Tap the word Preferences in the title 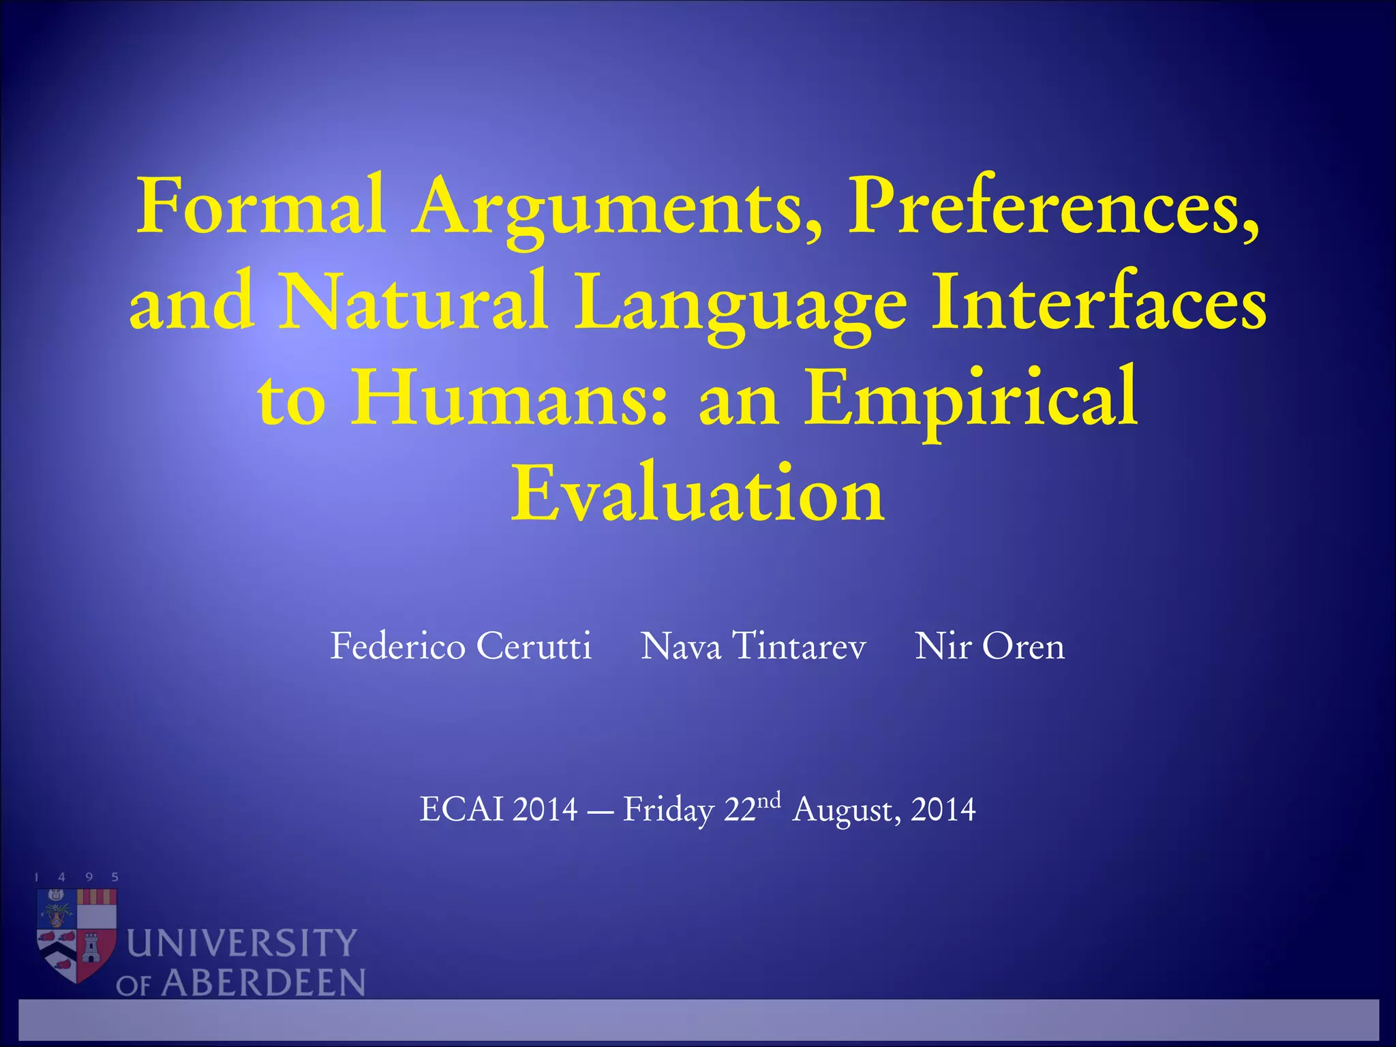tap(1053, 206)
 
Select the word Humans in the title tap(509, 397)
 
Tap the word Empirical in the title tap(971, 399)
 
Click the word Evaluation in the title tap(698, 493)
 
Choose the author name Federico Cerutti tap(461, 646)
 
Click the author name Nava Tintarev tap(753, 646)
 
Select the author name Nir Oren tap(989, 646)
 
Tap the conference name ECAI tap(463, 810)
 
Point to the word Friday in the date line tap(668, 811)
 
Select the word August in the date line tap(841, 811)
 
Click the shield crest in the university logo tap(76, 934)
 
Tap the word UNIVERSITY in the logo tap(242, 943)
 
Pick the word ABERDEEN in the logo tap(263, 983)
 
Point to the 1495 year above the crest tap(76, 877)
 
